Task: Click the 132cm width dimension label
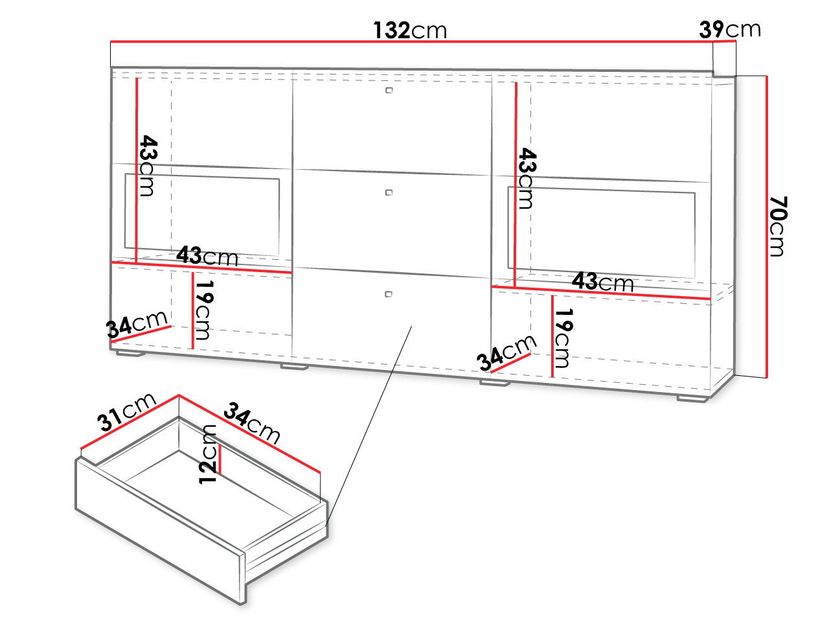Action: tap(410, 30)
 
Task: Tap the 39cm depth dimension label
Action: tap(730, 29)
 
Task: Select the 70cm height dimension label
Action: tap(778, 226)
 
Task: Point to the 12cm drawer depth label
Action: tap(208, 455)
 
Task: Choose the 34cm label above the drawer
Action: tap(252, 422)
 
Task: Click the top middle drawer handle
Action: tap(389, 90)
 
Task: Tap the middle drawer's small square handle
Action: tap(389, 192)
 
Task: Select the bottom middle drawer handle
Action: tap(388, 294)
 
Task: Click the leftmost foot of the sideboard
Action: tap(130, 354)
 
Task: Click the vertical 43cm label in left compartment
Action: tap(148, 165)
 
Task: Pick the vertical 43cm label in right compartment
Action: tap(528, 178)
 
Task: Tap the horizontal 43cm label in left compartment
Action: tap(207, 256)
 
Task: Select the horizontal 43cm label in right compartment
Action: tap(603, 282)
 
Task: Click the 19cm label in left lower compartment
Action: tap(204, 310)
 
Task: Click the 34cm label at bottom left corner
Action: tap(137, 324)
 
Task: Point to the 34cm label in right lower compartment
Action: tap(506, 352)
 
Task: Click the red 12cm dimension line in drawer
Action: tap(219, 459)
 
